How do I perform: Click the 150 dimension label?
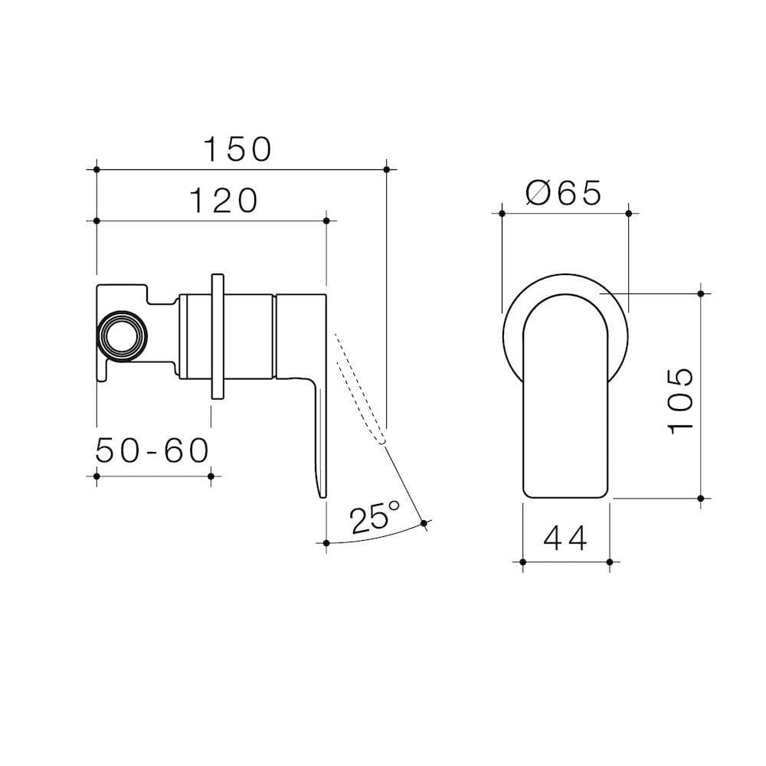pyautogui.click(x=237, y=149)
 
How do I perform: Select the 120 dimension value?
pyautogui.click(x=223, y=201)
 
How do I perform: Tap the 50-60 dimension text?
pyautogui.click(x=152, y=451)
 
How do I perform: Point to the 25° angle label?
pyautogui.click(x=375, y=519)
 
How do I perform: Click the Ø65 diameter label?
pyautogui.click(x=564, y=194)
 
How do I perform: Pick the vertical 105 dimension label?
pyautogui.click(x=679, y=400)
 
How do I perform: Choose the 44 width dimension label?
pyautogui.click(x=565, y=539)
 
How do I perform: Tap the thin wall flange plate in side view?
pyautogui.click(x=218, y=335)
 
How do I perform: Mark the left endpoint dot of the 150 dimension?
pyautogui.click(x=97, y=169)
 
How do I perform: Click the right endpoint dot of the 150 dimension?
pyautogui.click(x=386, y=169)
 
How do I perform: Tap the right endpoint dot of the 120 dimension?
pyautogui.click(x=326, y=221)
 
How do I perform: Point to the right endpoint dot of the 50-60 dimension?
pyautogui.click(x=211, y=476)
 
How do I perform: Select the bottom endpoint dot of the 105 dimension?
pyautogui.click(x=701, y=498)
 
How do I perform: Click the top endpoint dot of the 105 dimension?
pyautogui.click(x=701, y=292)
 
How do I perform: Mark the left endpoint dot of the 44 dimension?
pyautogui.click(x=522, y=563)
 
